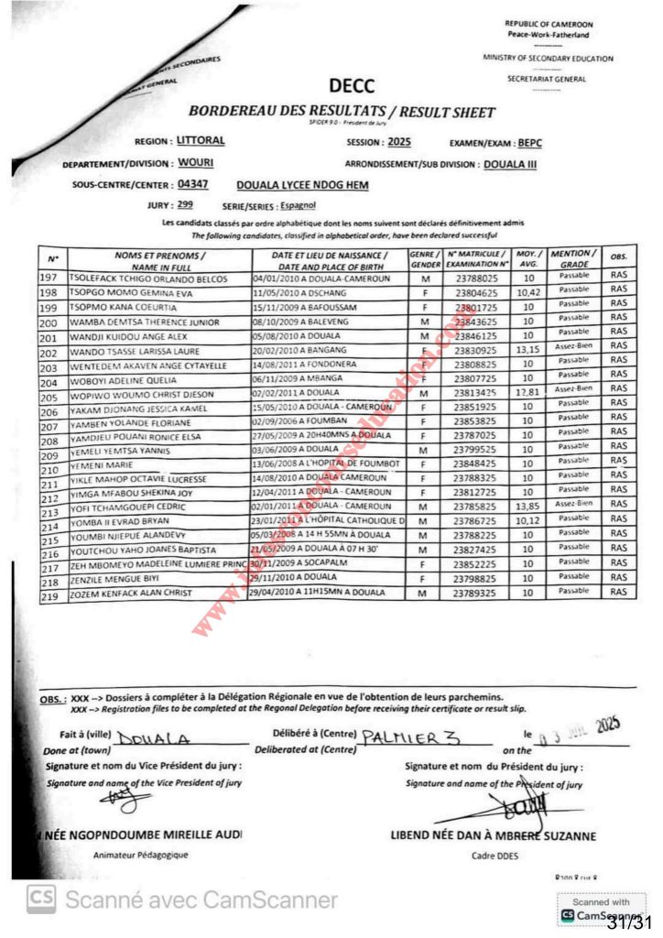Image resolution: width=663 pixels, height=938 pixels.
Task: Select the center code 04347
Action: pos(194,184)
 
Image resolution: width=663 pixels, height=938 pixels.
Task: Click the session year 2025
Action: pos(400,142)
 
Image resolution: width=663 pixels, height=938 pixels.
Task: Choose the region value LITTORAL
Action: pos(200,141)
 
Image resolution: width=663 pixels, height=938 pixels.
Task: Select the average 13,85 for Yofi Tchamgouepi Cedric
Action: pos(526,505)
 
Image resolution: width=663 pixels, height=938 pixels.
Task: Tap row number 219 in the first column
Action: pos(50,596)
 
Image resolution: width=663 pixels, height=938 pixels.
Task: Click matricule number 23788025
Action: pos(475,276)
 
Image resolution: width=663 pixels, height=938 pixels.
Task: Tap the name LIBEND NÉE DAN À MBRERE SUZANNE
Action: pos(493,835)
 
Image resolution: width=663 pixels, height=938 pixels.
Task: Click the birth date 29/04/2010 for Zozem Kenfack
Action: pos(282,593)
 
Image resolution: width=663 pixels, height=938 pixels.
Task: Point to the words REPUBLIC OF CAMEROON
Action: pos(549,24)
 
